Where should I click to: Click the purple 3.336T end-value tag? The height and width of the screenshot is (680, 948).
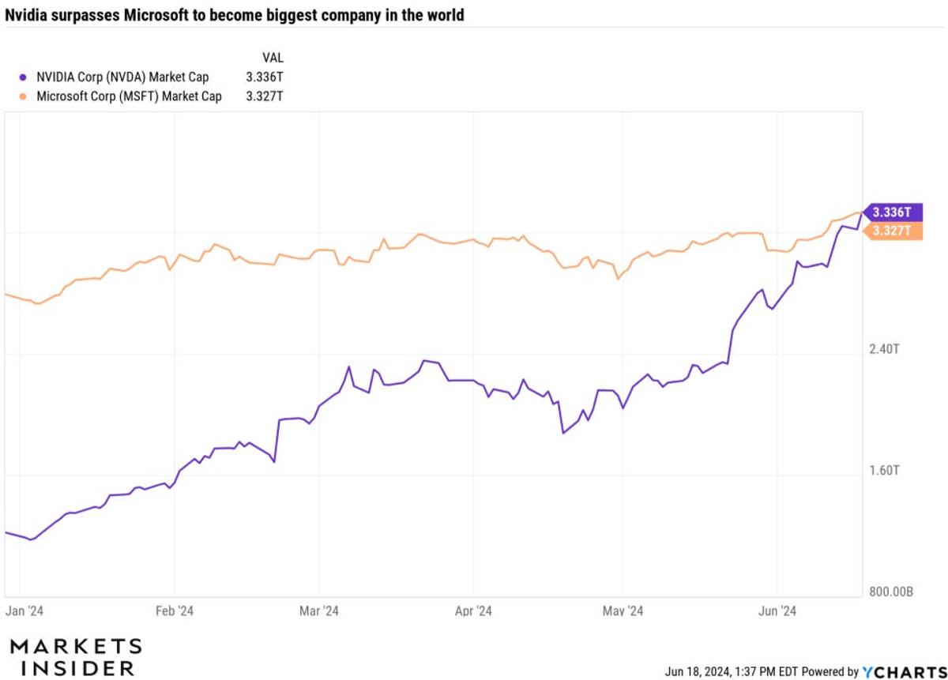pyautogui.click(x=892, y=212)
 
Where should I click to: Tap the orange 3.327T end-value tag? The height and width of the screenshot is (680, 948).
pyautogui.click(x=892, y=231)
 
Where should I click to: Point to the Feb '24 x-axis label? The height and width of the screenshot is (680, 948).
pyautogui.click(x=174, y=610)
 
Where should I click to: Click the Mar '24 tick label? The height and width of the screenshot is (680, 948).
pyautogui.click(x=319, y=610)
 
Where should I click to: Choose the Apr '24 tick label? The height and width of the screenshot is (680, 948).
pyautogui.click(x=473, y=610)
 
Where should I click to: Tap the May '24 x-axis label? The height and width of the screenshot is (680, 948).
pyautogui.click(x=623, y=610)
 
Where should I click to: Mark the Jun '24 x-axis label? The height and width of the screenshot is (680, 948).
pyautogui.click(x=777, y=610)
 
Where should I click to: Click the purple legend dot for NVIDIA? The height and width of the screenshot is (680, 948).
pyautogui.click(x=23, y=77)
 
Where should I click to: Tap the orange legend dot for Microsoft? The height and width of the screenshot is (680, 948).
pyautogui.click(x=23, y=96)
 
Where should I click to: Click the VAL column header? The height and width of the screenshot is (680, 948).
pyautogui.click(x=272, y=58)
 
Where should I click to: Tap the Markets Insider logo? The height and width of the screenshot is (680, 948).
pyautogui.click(x=76, y=656)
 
